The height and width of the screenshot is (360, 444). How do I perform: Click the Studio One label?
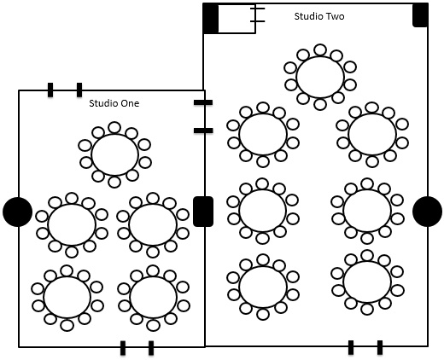114,103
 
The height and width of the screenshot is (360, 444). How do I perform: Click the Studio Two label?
319,16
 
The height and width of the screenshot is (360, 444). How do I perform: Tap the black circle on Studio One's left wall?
17,212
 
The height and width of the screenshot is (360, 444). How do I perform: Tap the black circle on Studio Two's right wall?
427,212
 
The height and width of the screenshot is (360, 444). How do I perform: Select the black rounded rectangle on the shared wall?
203,212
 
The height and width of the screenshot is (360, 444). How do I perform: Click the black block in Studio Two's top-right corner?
420,15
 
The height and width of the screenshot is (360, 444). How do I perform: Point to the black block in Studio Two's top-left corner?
211,19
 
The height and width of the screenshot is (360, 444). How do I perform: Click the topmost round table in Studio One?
114,155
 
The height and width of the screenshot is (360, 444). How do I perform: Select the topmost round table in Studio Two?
320,77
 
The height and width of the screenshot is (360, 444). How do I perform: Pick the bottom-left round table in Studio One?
67,298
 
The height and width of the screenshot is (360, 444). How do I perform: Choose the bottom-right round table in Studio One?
153,298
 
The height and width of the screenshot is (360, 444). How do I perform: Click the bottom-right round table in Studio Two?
367,282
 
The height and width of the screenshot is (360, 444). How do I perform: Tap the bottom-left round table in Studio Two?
263,287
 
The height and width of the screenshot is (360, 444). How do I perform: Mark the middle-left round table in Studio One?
72,224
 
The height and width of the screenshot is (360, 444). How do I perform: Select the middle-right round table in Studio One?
153,224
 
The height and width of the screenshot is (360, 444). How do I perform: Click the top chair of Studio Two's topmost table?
320,49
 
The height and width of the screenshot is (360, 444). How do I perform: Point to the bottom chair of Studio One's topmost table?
114,182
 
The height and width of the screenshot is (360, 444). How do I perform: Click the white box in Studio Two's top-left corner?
237,19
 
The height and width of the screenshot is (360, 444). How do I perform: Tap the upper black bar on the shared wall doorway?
203,102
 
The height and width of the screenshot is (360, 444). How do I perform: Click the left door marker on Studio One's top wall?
50,90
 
